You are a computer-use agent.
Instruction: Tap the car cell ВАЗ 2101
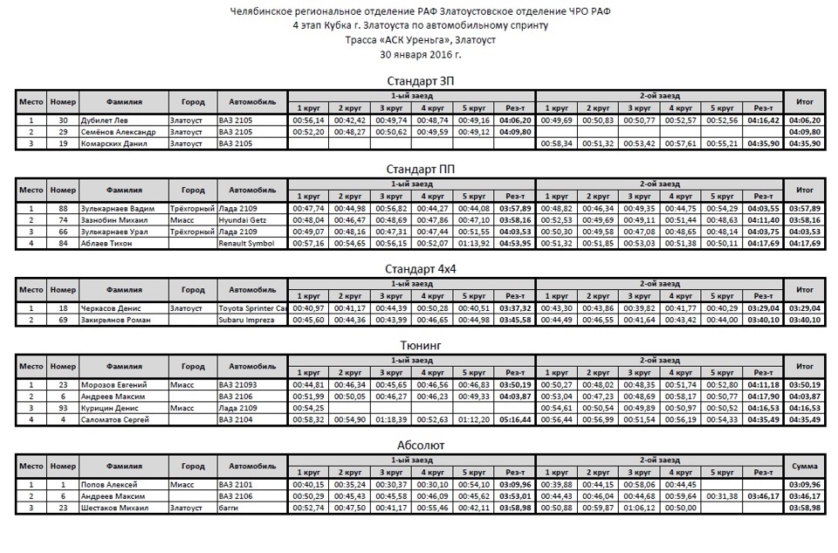235,485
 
